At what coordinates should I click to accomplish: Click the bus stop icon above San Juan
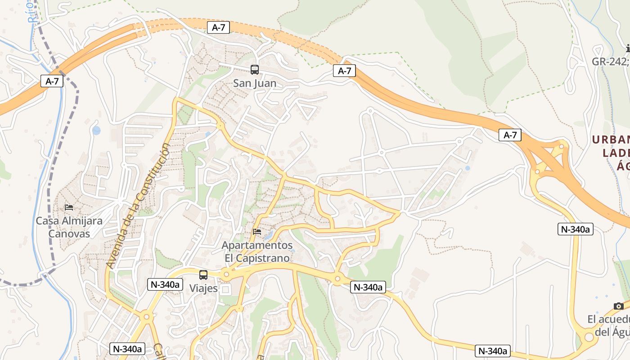tap(255, 70)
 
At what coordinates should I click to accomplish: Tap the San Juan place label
tap(255, 83)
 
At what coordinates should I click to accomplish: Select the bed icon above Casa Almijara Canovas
tap(69, 207)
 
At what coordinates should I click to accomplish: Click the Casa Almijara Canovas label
tap(69, 227)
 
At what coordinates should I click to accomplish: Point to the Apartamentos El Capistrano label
tap(257, 252)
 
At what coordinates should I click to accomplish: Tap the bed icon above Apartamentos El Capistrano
tap(257, 232)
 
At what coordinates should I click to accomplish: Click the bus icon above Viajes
tap(203, 274)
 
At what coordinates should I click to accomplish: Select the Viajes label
tap(203, 288)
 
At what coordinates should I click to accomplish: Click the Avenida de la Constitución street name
tap(139, 206)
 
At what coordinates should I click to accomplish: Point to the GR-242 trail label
tap(610, 62)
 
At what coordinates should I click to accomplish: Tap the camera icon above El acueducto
tap(619, 306)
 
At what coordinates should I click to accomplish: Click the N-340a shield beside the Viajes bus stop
tap(165, 284)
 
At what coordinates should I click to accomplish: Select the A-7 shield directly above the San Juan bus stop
tap(218, 27)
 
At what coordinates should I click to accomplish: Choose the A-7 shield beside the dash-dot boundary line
tap(52, 81)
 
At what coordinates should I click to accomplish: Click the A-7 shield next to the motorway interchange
tap(510, 135)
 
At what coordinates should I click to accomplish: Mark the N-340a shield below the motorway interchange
tap(576, 229)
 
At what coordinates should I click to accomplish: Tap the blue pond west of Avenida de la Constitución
tap(96, 130)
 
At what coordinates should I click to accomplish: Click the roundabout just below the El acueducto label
tap(589, 337)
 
